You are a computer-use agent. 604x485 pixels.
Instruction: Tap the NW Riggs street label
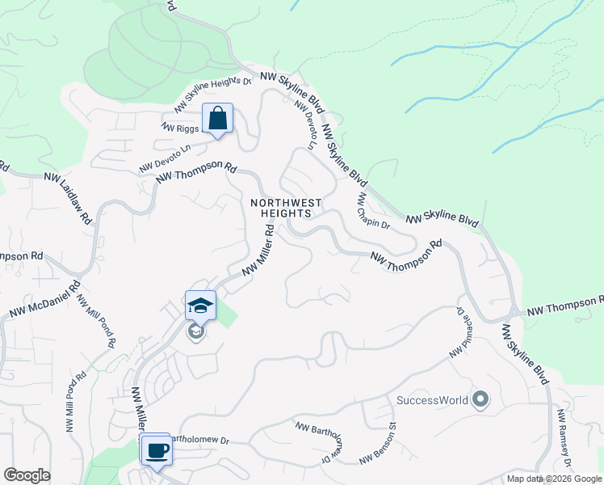pos(179,127)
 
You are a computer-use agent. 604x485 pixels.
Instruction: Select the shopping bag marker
pos(217,118)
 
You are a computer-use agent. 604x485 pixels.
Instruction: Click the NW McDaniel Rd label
pos(45,298)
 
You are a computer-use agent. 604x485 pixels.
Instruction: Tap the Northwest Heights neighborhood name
pos(286,208)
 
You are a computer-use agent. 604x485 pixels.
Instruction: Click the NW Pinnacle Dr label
pos(458,332)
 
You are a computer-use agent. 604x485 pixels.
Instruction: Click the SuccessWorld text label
pos(432,400)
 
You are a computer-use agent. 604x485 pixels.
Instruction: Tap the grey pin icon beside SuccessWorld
pos(481,399)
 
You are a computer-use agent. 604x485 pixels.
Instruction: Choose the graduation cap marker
pos(200,305)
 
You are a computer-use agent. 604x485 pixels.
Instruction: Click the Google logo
pos(27,474)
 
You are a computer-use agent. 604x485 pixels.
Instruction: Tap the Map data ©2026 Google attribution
pos(553,479)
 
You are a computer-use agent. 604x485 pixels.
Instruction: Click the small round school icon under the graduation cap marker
pos(195,331)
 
